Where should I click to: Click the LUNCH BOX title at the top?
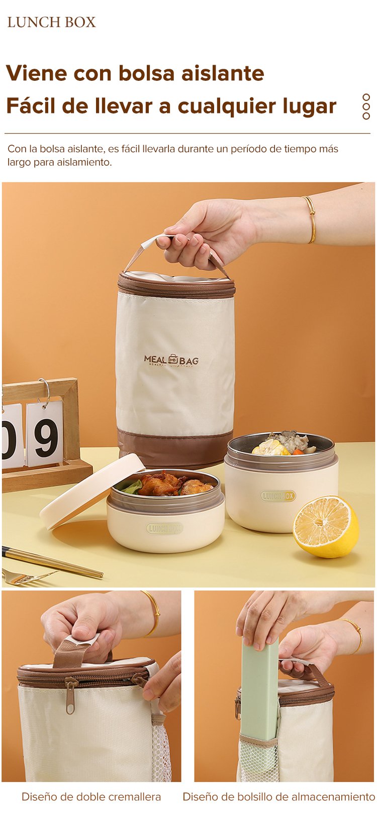pyautogui.click(x=52, y=23)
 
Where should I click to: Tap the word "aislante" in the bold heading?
pyautogui.click(x=223, y=73)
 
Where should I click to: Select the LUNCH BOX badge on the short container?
pyautogui.click(x=164, y=528)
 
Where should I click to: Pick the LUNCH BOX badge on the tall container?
pyautogui.click(x=278, y=496)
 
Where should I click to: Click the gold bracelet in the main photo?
pyautogui.click(x=311, y=219)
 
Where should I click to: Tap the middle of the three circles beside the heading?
pyautogui.click(x=366, y=106)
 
